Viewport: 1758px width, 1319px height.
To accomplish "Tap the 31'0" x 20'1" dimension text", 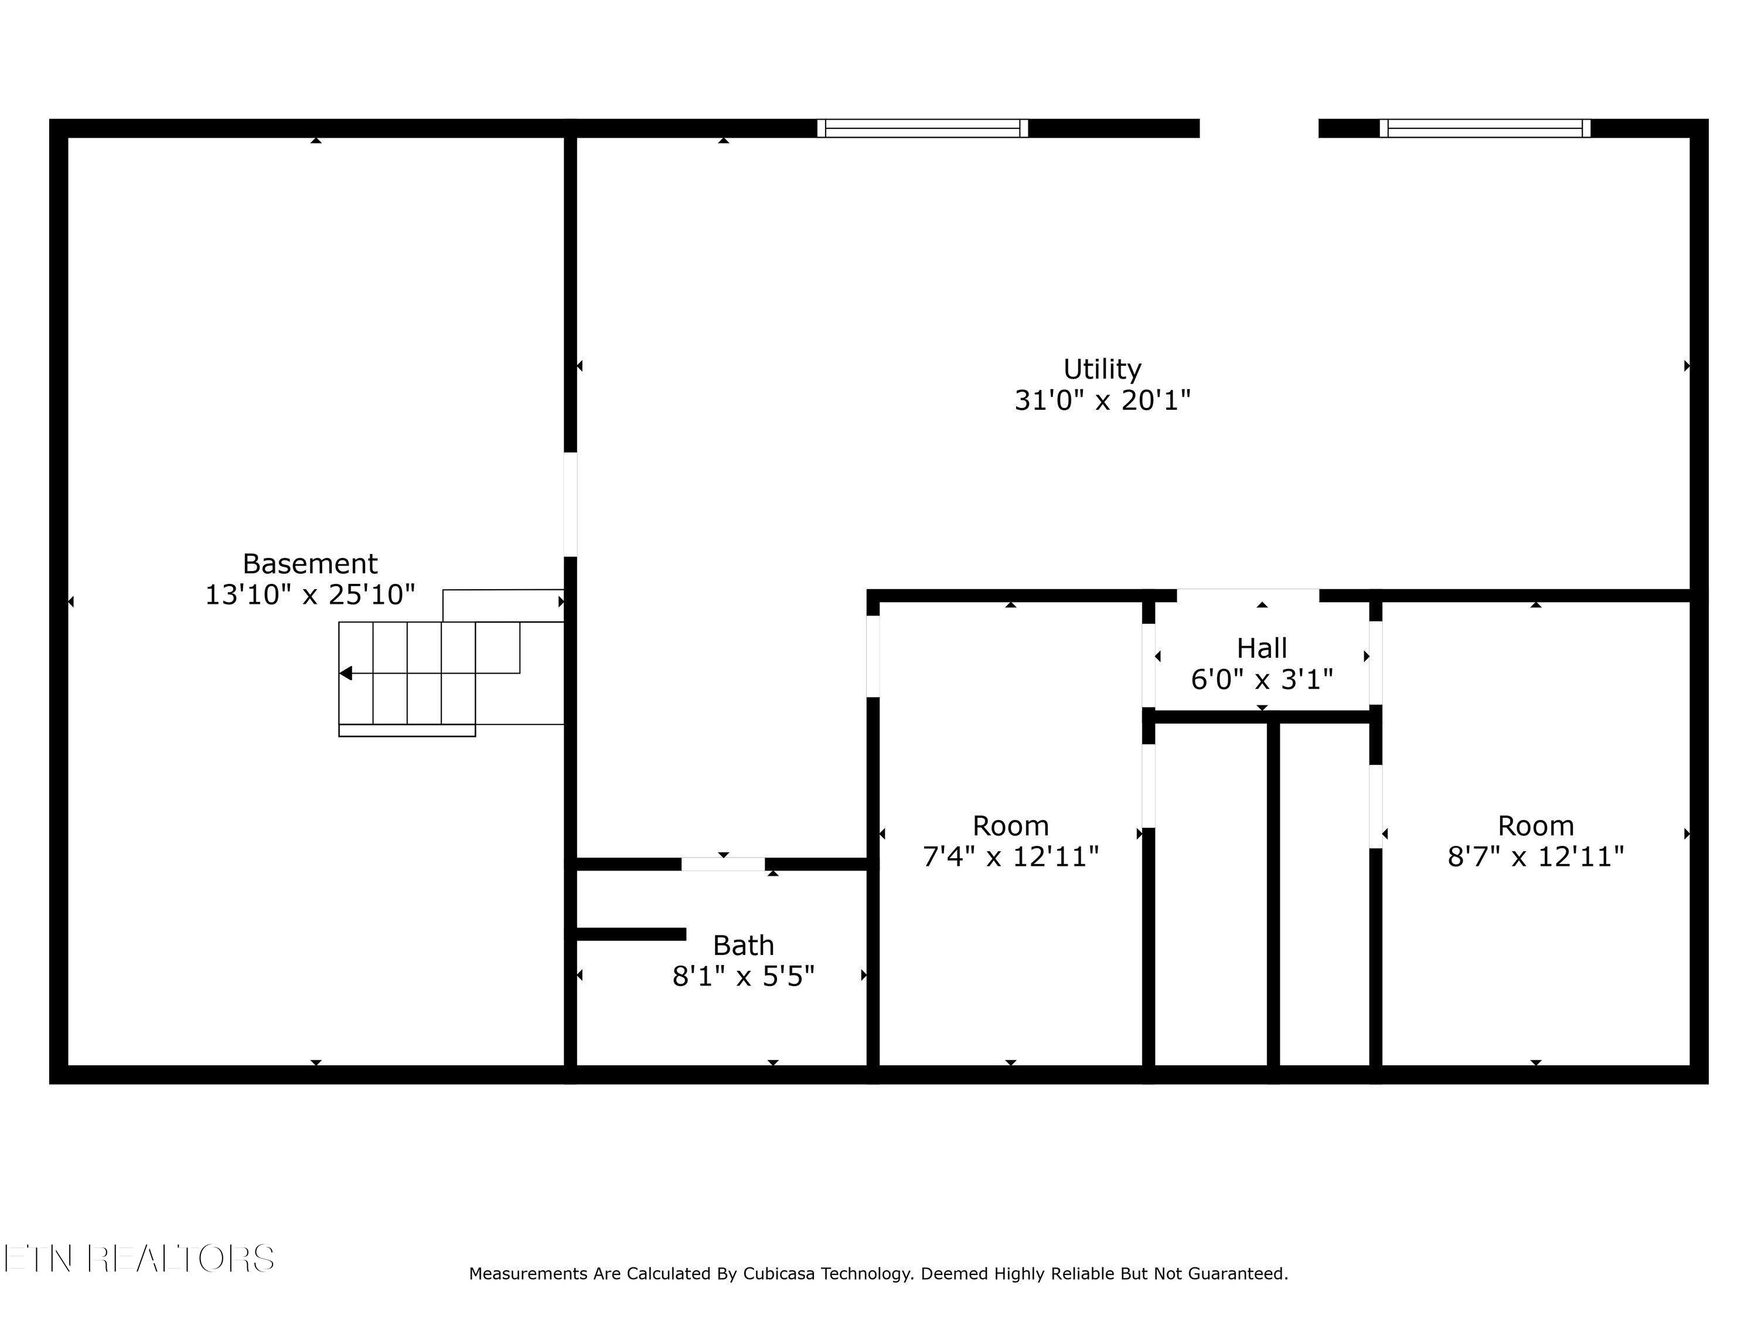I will coord(1102,400).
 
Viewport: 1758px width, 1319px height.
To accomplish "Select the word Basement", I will coord(310,564).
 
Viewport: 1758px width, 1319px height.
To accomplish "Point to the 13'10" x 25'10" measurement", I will coord(310,594).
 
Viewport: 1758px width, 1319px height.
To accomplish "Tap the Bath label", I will coord(743,946).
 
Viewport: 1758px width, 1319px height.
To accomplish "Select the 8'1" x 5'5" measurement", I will coord(743,976).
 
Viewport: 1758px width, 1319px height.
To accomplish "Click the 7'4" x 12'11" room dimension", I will coord(1010,857).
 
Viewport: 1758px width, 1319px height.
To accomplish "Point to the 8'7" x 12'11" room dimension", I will coord(1535,857).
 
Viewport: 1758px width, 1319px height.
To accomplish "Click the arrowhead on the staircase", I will coord(346,674).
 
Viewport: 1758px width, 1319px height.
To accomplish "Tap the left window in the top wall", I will coord(922,128).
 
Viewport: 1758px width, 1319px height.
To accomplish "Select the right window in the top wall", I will coord(1484,128).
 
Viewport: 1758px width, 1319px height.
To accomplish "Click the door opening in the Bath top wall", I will coord(723,864).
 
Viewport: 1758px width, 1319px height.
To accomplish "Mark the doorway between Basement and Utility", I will coord(570,504).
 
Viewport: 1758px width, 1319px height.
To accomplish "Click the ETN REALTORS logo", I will coord(139,1259).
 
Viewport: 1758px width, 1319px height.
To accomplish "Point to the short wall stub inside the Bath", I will coord(630,934).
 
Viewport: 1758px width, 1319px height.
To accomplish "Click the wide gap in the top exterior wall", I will coord(1258,128).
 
